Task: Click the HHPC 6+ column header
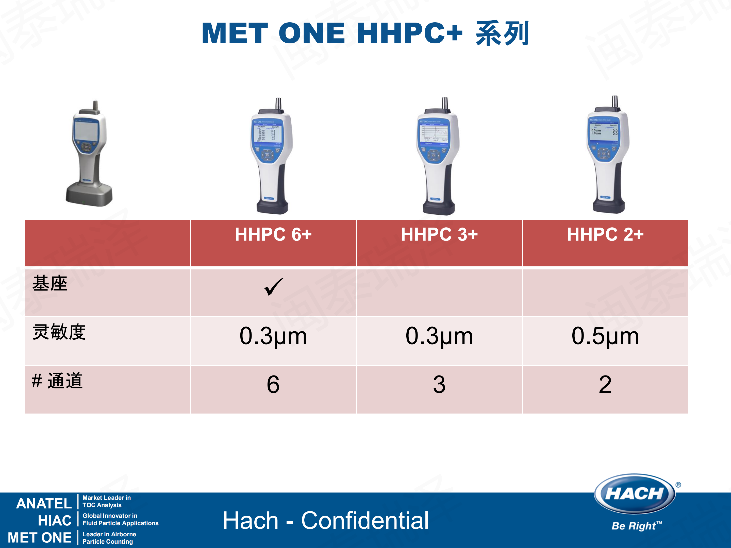pos(273,234)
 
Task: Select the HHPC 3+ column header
pos(439,234)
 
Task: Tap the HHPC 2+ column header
pos(605,234)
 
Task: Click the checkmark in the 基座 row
pos(274,286)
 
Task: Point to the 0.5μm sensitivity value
pos(605,336)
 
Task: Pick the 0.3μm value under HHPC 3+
pos(439,336)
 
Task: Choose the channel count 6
pos(273,385)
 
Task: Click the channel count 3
pos(439,385)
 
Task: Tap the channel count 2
pos(605,385)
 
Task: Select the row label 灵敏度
pos(59,332)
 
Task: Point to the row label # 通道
pos(57,381)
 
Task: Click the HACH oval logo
pos(634,494)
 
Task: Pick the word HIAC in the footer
pos(55,521)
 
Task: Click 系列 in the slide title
pos(502,33)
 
